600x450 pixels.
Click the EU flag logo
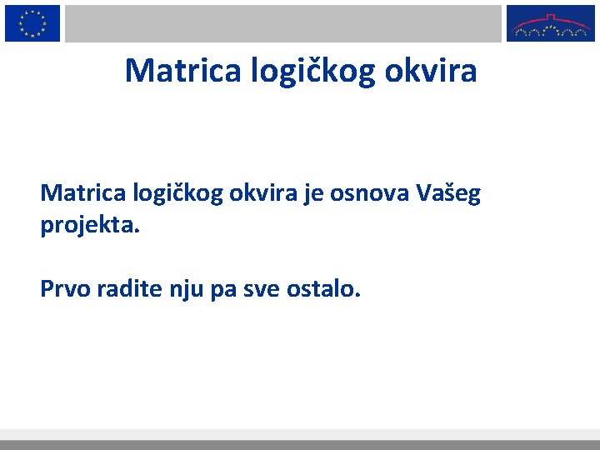(32, 22)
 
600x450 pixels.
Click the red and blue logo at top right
(551, 22)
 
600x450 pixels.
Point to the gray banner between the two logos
(283, 22)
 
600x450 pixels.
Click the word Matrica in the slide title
(182, 71)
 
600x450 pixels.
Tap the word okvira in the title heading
(431, 71)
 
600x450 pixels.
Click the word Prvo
(64, 289)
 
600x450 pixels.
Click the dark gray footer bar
(300, 445)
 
